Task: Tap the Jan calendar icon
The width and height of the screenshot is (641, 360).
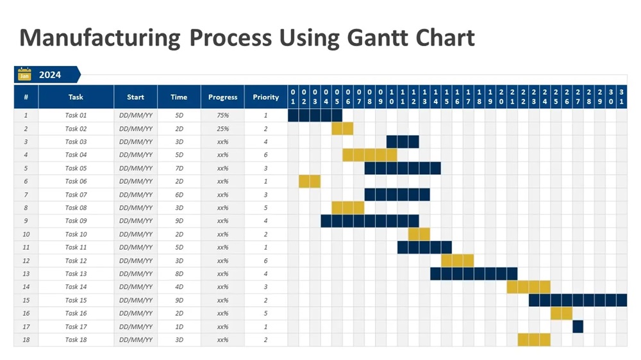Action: pos(24,74)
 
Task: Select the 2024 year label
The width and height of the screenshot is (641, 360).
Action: pos(50,75)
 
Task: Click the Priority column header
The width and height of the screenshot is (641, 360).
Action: pos(266,97)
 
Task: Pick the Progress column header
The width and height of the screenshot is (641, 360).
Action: pos(222,97)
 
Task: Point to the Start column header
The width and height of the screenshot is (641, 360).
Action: pos(135,97)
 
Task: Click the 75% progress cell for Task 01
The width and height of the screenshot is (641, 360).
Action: pos(222,115)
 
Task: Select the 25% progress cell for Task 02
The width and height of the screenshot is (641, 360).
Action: pos(222,129)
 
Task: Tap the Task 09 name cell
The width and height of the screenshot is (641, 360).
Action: pos(76,221)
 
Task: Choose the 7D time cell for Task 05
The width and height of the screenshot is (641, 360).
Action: pos(179,168)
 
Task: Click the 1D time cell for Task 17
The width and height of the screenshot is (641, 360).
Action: pos(179,327)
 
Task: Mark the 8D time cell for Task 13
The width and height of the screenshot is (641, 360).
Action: pos(179,274)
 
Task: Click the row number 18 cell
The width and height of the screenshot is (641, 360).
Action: pos(26,340)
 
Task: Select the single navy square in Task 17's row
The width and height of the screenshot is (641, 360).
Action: pos(578,327)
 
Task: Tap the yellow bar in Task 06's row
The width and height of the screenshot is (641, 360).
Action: pos(310,181)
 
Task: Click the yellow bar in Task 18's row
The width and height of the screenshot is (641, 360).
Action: pos(534,340)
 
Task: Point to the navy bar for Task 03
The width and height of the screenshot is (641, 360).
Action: pos(403,142)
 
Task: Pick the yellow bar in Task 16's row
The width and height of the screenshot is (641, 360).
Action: pos(562,313)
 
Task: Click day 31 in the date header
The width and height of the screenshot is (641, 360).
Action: pos(622,97)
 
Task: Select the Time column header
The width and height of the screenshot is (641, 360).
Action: pos(179,97)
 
